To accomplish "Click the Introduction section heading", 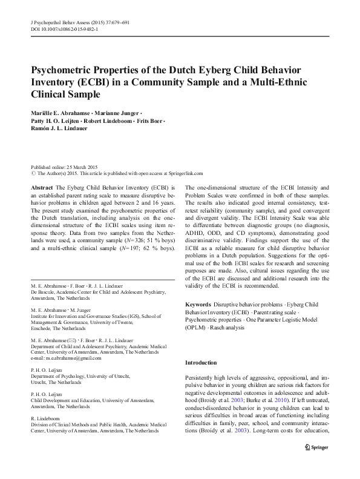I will tap(200, 362).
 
